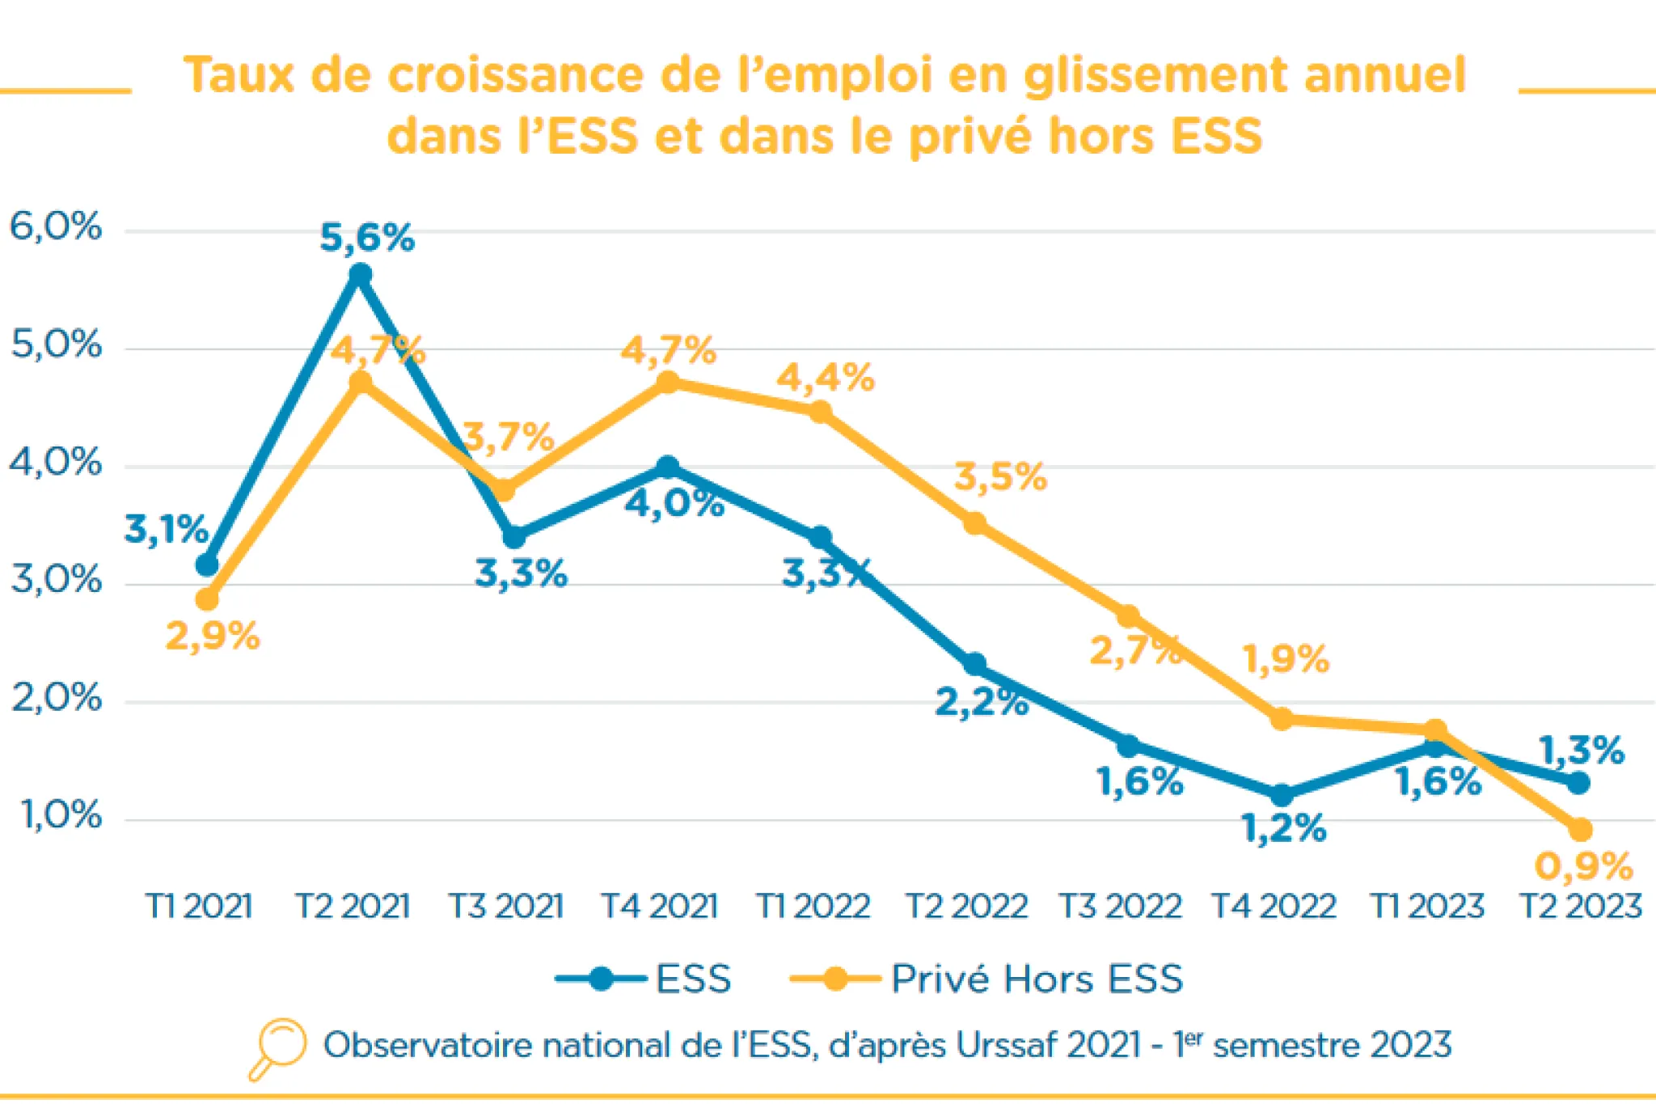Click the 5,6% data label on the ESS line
367,239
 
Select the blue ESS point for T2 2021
361,276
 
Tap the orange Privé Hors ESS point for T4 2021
668,382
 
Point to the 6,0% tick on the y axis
56,227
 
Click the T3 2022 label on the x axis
1121,906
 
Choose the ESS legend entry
644,979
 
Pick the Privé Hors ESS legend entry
986,979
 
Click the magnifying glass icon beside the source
277,1047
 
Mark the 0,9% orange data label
1583,866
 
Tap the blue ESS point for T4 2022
1281,795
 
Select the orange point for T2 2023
1580,830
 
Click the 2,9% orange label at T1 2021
213,637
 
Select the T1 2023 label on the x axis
1427,906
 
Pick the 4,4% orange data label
826,378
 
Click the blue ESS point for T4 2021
667,467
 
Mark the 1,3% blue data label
1581,751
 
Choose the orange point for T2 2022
975,523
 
